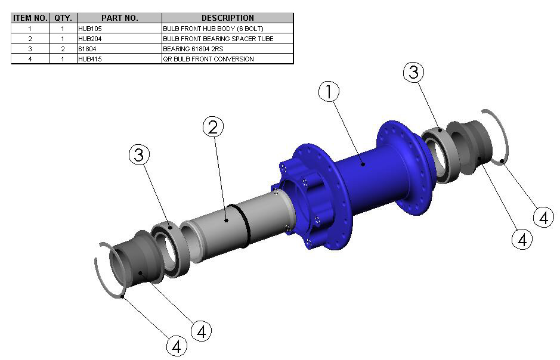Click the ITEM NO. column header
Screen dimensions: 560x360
[30, 18]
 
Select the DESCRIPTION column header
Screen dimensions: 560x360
[227, 18]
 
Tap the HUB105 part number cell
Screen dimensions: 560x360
[90, 29]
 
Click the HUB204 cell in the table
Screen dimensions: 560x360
[90, 39]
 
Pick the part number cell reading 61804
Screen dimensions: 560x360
[87, 49]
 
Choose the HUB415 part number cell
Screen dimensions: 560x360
[90, 59]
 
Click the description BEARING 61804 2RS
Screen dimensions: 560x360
[193, 49]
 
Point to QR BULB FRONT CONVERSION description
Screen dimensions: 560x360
[208, 59]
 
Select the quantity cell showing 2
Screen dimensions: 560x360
[63, 49]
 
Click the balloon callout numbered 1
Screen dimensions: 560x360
[329, 91]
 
